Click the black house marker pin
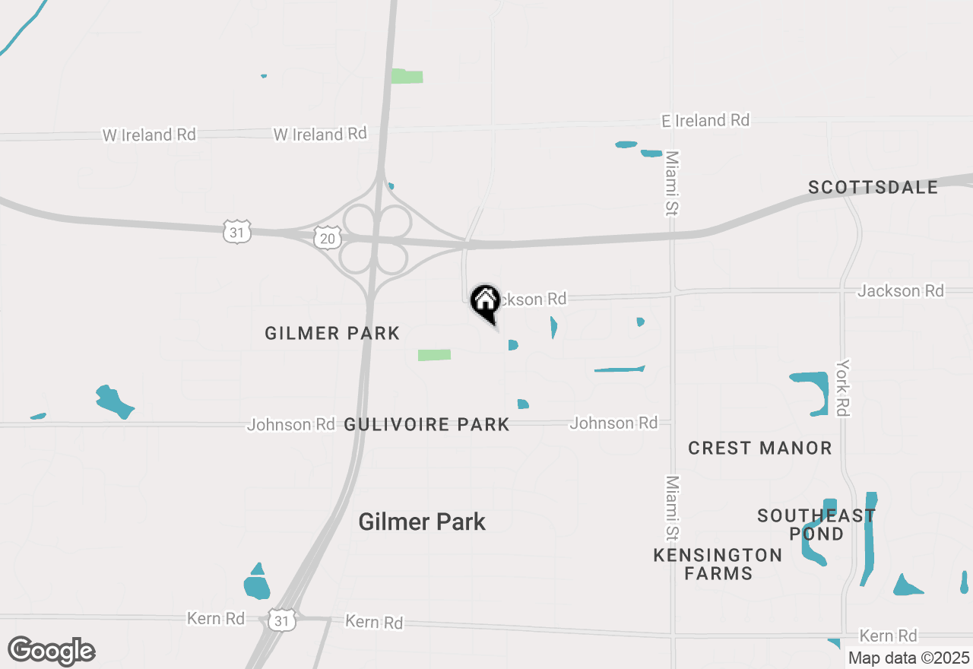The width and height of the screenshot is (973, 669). (x=485, y=302)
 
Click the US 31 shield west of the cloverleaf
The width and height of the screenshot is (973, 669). (x=237, y=232)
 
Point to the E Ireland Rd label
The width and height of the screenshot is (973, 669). (x=705, y=120)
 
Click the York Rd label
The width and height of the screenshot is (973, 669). (x=842, y=388)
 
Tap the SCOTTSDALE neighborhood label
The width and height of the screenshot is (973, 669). (x=873, y=187)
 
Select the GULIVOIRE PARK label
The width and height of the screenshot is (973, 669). (x=426, y=424)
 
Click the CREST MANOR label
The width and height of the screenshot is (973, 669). (x=760, y=448)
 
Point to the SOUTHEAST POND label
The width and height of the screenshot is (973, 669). (x=816, y=525)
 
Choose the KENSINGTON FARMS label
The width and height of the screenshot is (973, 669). (x=718, y=564)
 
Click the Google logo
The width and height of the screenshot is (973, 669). (x=52, y=651)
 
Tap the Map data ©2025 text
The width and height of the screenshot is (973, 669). (x=908, y=658)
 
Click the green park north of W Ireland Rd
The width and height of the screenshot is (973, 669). (x=407, y=76)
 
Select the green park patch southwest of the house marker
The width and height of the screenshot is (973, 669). (x=434, y=355)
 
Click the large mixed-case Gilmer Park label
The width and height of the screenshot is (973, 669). (x=422, y=522)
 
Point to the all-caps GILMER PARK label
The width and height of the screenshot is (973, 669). (x=332, y=333)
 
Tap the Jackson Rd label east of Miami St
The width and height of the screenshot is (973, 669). (x=901, y=290)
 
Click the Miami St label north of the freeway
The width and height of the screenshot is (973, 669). (x=671, y=183)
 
